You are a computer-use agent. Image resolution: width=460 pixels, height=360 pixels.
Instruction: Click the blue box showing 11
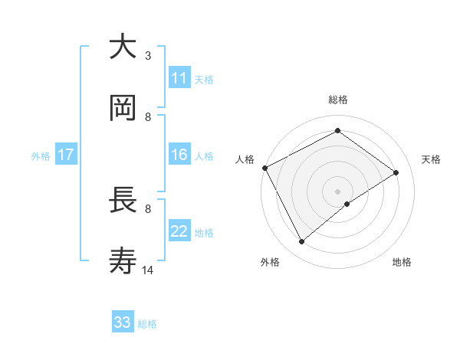tap(179, 78)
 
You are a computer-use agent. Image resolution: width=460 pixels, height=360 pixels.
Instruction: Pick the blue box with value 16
tap(179, 155)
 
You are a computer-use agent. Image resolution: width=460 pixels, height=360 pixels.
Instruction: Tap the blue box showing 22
tap(179, 231)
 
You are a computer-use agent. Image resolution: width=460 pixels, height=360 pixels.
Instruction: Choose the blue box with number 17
tap(66, 155)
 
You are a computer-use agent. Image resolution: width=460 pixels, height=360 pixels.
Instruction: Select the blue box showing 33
tap(123, 322)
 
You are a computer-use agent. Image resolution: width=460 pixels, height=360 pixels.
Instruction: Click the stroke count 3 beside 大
tap(148, 56)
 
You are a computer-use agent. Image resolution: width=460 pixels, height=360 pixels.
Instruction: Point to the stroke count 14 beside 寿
tap(149, 270)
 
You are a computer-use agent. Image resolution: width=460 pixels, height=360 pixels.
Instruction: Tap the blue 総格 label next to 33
tap(147, 324)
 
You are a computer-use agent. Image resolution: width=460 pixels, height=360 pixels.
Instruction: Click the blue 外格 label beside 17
tap(41, 155)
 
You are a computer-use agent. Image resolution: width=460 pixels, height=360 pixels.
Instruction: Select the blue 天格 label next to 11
tap(204, 80)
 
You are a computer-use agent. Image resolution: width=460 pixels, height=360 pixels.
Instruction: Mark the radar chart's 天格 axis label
tap(432, 159)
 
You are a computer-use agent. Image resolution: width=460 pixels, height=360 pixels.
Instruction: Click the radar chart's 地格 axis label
tap(402, 262)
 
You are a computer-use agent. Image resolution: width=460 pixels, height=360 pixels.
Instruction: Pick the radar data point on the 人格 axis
tap(264, 168)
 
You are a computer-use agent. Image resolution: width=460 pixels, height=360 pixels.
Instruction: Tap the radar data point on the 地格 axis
tap(347, 204)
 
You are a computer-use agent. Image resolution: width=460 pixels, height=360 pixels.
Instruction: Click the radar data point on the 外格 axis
tap(301, 242)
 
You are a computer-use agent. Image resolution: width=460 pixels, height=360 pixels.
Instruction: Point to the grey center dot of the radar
tap(337, 190)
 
